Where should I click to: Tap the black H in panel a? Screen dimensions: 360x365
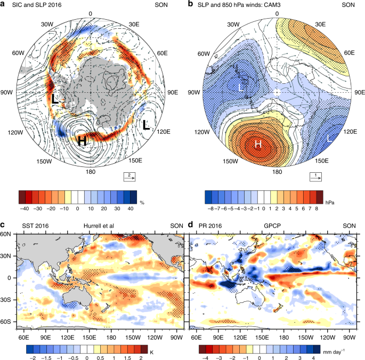coord(83,141)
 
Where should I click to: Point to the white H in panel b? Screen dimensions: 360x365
coord(258,145)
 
